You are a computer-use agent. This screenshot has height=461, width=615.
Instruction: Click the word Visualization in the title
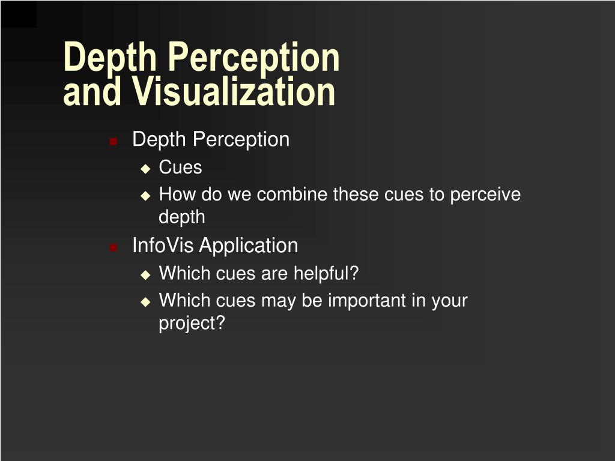pyautogui.click(x=234, y=92)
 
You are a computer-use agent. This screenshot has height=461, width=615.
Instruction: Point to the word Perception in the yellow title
pyautogui.click(x=253, y=58)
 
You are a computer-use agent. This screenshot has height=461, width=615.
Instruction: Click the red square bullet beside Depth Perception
pyautogui.click(x=113, y=142)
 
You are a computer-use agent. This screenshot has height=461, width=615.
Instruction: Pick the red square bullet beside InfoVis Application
pyautogui.click(x=113, y=247)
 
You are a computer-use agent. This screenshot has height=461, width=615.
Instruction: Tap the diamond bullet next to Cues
pyautogui.click(x=145, y=169)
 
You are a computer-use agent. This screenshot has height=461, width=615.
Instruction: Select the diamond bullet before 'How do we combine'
pyautogui.click(x=145, y=196)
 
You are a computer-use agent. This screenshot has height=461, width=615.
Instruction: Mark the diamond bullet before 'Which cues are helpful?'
pyautogui.click(x=145, y=275)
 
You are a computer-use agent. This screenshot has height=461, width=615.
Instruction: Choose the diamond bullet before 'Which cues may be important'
pyautogui.click(x=145, y=302)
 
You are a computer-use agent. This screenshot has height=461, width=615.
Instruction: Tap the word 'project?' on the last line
pyautogui.click(x=192, y=323)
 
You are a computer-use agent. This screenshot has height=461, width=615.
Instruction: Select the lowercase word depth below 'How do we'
pyautogui.click(x=181, y=217)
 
